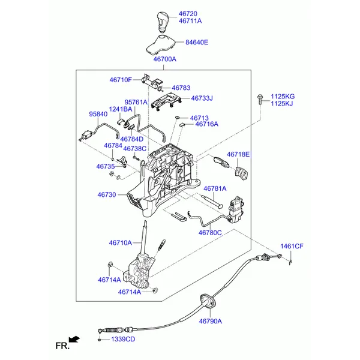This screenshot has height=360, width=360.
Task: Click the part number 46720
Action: (188, 13)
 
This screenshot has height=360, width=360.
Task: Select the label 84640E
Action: (197, 43)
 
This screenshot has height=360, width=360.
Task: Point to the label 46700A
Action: (165, 59)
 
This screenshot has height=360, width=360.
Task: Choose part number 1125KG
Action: (283, 96)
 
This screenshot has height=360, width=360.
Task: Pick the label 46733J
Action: (202, 98)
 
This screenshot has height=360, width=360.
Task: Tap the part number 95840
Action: (98, 114)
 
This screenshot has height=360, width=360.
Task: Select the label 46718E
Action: (238, 154)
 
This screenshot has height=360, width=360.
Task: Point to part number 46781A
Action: (215, 188)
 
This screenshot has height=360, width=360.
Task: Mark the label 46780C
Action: (211, 232)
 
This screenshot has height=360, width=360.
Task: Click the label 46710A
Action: (120, 243)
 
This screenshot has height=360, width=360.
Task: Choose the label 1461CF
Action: (292, 247)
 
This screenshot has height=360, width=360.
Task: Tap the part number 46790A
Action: (211, 322)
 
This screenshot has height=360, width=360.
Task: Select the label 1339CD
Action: (123, 340)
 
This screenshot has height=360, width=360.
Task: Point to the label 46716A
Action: (205, 124)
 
